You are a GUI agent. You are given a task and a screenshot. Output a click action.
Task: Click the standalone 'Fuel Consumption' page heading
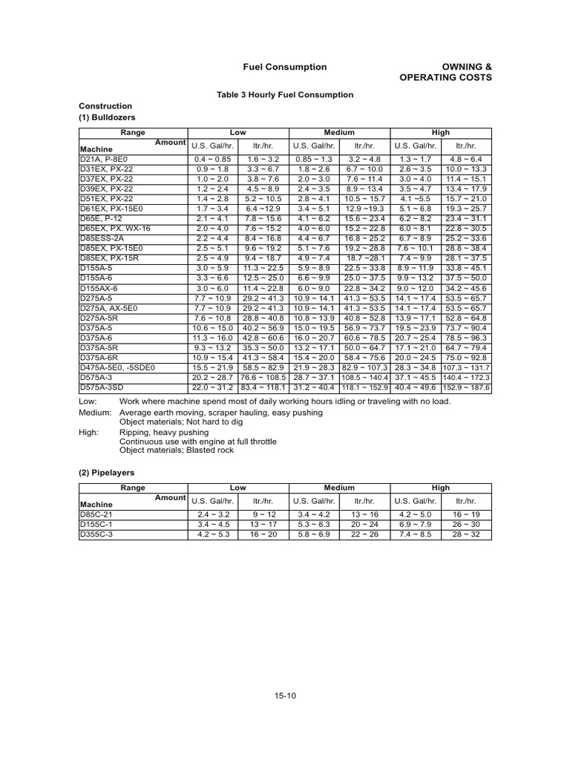[x=285, y=67]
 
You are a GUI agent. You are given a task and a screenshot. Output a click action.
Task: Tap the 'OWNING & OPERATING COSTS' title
[x=445, y=72]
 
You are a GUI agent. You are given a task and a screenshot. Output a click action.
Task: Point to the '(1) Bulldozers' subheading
[x=107, y=117]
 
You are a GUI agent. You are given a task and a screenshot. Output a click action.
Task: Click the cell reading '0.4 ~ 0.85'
[x=213, y=159]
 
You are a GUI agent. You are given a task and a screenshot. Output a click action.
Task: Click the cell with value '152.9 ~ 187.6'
[x=468, y=387]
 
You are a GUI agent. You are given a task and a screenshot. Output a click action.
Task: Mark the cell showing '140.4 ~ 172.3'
[x=468, y=377]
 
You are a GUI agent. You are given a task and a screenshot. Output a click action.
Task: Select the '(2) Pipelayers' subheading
[x=108, y=472]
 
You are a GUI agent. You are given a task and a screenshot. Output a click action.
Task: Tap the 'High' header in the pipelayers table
[x=441, y=488]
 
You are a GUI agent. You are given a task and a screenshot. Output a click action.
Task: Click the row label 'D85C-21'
[x=98, y=514]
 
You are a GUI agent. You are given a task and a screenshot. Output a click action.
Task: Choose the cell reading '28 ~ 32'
[x=468, y=533]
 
